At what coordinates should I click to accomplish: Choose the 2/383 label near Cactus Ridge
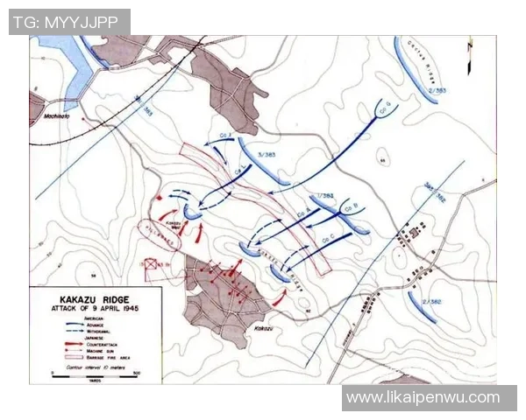438,90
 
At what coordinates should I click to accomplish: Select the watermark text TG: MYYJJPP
68,21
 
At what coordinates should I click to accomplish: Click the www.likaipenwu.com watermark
423,398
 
